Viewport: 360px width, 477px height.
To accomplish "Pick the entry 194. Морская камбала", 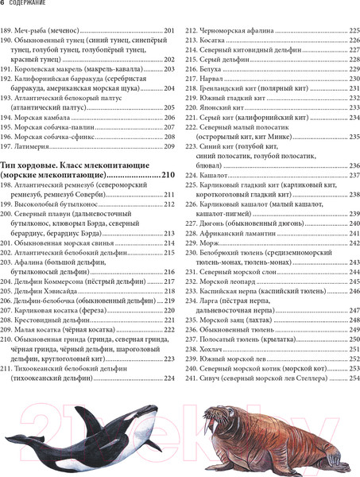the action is tap(40, 118).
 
